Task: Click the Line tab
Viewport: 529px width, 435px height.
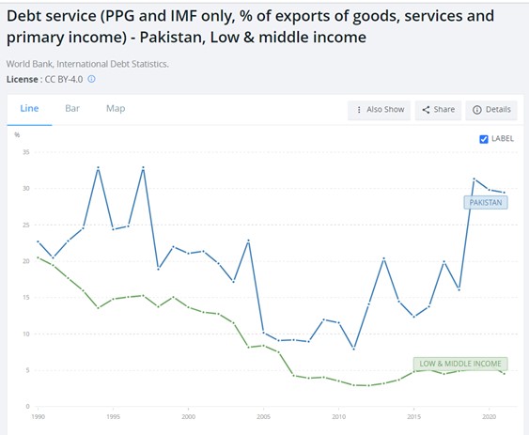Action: (29, 108)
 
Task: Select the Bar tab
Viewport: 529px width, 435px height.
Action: (72, 108)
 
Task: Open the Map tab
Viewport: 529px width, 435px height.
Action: (116, 108)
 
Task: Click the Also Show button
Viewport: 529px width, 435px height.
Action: (379, 109)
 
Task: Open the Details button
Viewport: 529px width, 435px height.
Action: (491, 109)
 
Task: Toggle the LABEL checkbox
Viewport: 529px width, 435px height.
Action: (484, 139)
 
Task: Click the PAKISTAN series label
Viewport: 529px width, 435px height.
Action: (485, 202)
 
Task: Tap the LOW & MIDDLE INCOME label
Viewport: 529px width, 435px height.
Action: (460, 363)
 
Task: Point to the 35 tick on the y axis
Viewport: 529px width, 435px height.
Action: (26, 152)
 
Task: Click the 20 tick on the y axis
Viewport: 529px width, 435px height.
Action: (26, 261)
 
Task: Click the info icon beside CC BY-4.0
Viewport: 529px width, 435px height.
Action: (91, 79)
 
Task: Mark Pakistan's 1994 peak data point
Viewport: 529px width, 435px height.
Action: (98, 167)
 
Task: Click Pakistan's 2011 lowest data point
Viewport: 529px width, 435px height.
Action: (353, 349)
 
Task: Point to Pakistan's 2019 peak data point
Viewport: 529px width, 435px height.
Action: (474, 179)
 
